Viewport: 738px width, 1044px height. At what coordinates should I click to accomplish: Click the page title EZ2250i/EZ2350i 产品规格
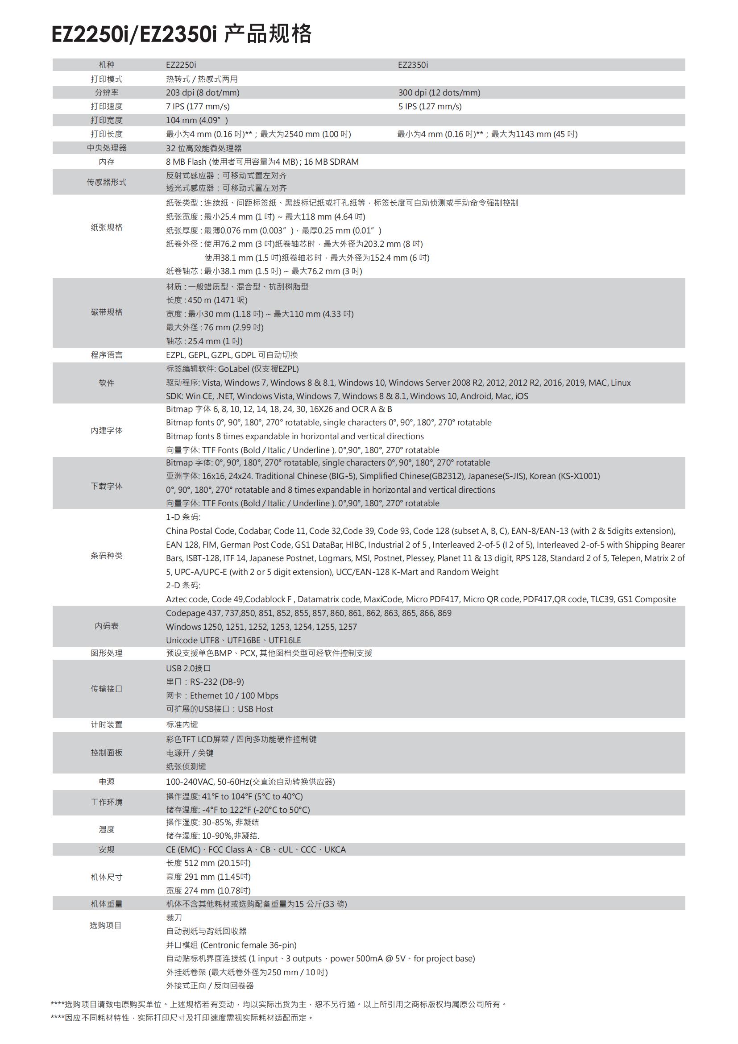click(x=181, y=33)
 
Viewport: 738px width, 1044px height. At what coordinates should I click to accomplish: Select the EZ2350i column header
click(x=413, y=65)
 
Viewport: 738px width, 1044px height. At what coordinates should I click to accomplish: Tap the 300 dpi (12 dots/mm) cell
click(x=439, y=93)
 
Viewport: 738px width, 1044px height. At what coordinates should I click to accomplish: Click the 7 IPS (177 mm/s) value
click(x=198, y=106)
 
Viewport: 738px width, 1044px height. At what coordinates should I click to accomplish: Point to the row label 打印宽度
click(x=106, y=120)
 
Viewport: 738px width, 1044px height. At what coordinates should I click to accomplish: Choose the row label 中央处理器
click(x=106, y=148)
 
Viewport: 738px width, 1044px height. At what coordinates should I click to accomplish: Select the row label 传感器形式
click(x=106, y=182)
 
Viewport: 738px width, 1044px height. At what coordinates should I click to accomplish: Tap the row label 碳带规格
click(x=106, y=312)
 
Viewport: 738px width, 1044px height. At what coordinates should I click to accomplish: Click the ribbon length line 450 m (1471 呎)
click(x=207, y=300)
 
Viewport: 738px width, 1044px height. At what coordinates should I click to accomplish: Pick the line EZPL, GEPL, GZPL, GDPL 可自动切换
click(x=232, y=355)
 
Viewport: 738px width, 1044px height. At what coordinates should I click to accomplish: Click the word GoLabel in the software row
click(x=233, y=369)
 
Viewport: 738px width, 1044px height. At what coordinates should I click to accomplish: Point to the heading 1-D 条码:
click(x=182, y=517)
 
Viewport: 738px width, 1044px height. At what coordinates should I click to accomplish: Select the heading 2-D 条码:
click(x=182, y=585)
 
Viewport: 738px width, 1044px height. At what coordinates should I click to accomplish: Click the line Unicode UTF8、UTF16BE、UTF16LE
click(x=233, y=640)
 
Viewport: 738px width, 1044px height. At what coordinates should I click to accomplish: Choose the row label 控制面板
click(x=106, y=753)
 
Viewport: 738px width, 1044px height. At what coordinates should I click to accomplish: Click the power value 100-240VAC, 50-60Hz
click(x=207, y=782)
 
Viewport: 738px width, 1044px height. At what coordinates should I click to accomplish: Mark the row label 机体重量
click(x=106, y=904)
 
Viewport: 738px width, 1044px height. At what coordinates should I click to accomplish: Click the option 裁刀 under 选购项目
click(x=174, y=918)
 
